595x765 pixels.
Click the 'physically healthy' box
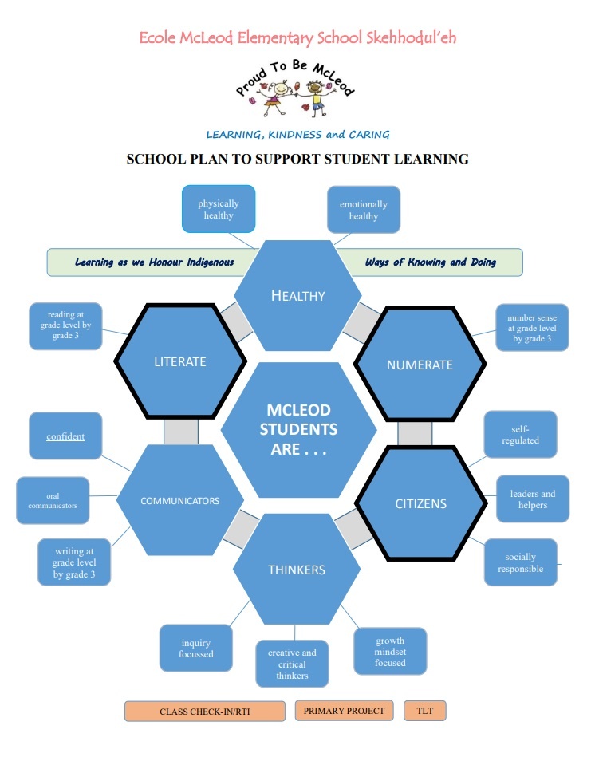pos(218,209)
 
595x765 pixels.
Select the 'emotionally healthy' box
pos(363,210)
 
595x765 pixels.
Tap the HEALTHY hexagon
pos(297,296)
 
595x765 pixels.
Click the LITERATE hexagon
pos(179,361)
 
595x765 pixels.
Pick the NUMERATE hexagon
pos(419,365)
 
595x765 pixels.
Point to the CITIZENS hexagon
pos(420,503)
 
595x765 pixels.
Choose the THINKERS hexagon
pos(296,570)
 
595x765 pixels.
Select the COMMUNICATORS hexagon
pos(179,501)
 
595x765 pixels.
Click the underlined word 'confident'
pos(65,436)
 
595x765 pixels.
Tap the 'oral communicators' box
pos(53,500)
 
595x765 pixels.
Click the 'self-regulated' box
pos(520,435)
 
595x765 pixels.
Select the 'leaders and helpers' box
pos(532,499)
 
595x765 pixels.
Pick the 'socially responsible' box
pos(520,562)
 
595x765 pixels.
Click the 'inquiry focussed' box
pos(196,648)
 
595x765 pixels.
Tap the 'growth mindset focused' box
pos(389,652)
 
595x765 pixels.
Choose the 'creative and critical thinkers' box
pos(291,664)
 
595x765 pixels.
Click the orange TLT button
pos(424,711)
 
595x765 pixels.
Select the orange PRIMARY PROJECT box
pos(344,711)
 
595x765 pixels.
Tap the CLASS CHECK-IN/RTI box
pos(205,712)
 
